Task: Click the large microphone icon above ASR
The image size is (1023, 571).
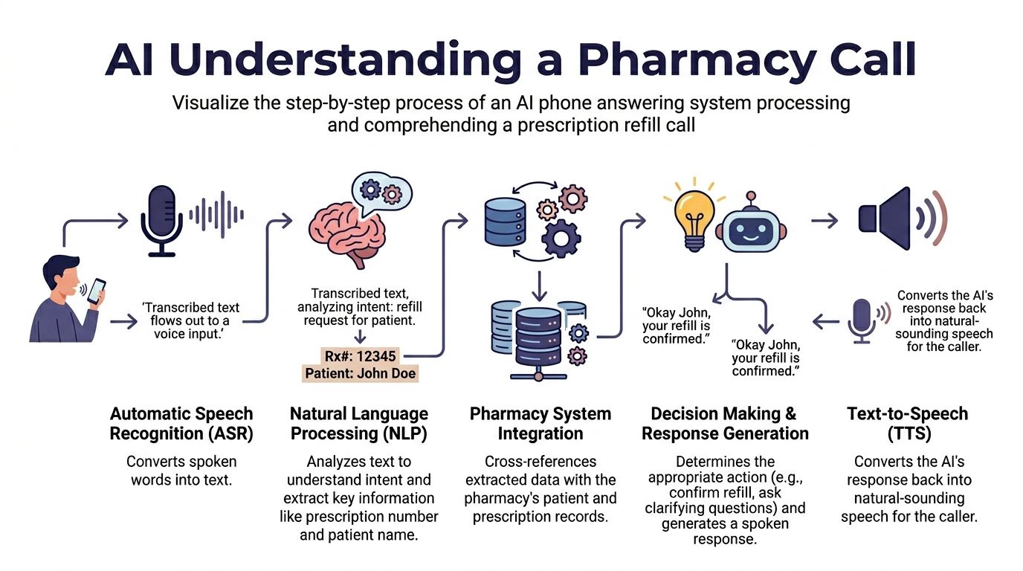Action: (x=161, y=220)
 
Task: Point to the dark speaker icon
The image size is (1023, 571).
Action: (x=887, y=219)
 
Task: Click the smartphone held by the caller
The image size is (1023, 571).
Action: (x=97, y=291)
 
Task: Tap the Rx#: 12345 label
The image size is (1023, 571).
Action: (x=361, y=355)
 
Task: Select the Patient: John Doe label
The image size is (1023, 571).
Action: (x=361, y=373)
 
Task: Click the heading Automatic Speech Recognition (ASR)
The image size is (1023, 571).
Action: (x=181, y=424)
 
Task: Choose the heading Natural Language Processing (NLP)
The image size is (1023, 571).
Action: (x=359, y=424)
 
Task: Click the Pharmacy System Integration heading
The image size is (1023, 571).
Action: (x=540, y=424)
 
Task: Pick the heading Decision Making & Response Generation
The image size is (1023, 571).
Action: (x=725, y=424)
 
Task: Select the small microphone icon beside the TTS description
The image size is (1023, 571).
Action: (x=862, y=320)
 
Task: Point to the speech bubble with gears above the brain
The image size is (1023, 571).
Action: (x=380, y=192)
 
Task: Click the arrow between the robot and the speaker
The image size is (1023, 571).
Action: (x=824, y=220)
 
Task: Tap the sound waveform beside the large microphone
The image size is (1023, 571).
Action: (x=216, y=214)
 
